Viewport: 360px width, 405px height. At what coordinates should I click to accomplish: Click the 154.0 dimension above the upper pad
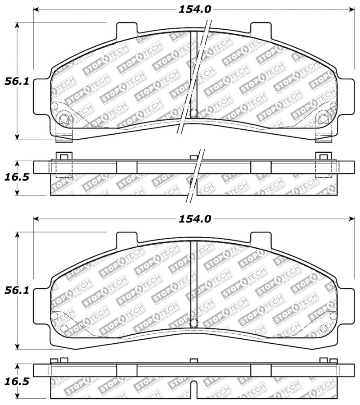click(194, 9)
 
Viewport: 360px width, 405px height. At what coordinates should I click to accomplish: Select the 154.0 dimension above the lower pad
click(194, 219)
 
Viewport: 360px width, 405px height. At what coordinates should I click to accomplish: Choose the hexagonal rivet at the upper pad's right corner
click(323, 119)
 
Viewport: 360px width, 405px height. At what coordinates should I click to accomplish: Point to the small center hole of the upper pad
click(193, 114)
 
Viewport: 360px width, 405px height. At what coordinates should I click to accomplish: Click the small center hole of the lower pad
click(193, 323)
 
